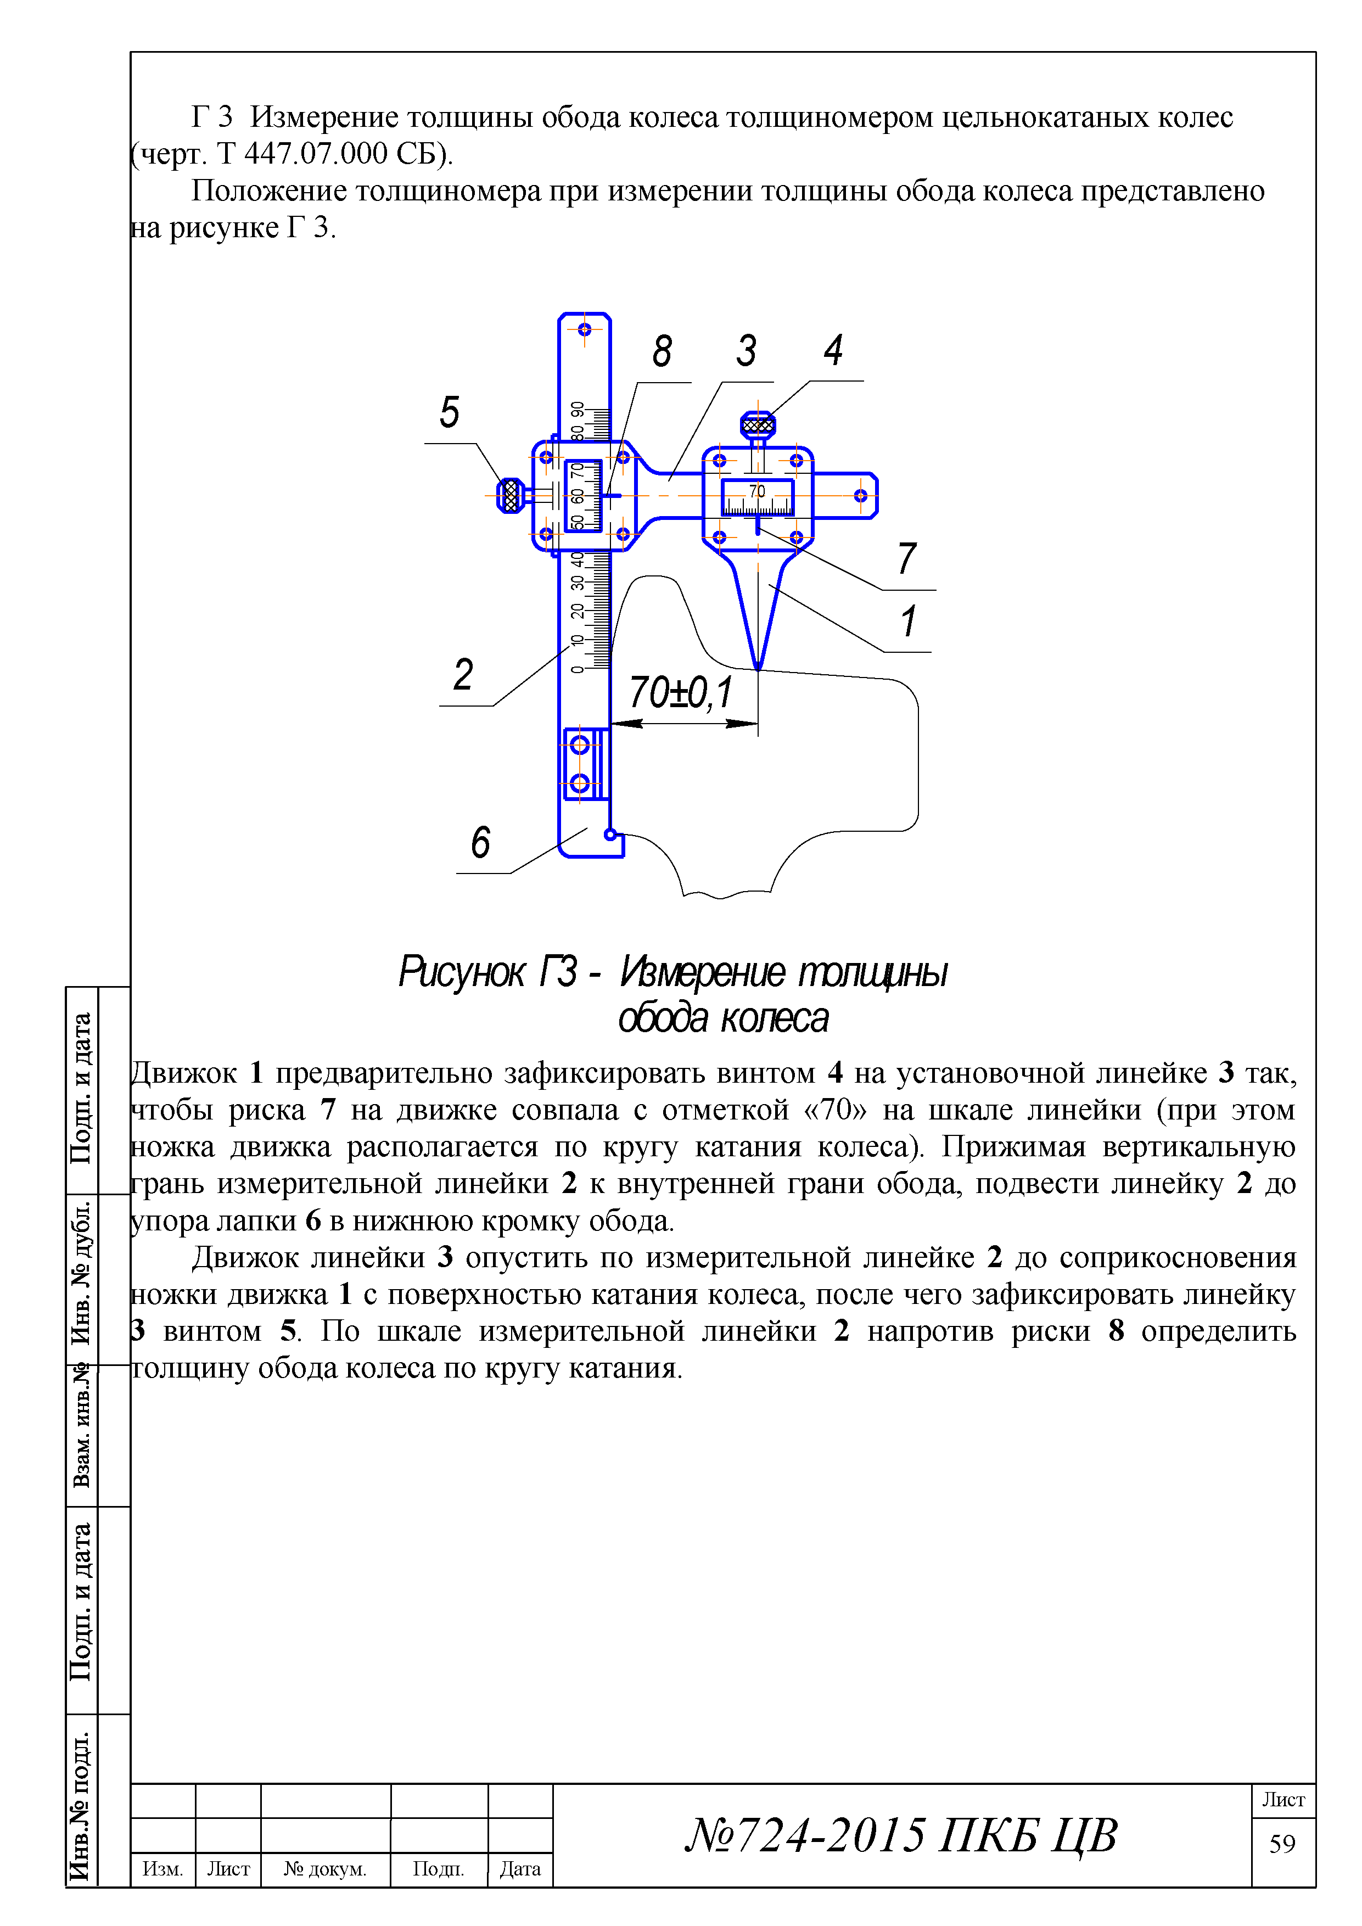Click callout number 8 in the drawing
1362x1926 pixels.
click(x=662, y=351)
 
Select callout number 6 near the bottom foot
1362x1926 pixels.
click(x=480, y=842)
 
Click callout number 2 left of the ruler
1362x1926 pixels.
click(x=463, y=674)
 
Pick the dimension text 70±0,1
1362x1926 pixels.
click(x=680, y=693)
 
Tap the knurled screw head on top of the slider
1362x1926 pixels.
click(x=758, y=425)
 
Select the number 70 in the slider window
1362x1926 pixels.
click(x=758, y=491)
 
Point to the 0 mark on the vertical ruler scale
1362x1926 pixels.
click(x=577, y=669)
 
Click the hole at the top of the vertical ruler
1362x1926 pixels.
click(x=585, y=329)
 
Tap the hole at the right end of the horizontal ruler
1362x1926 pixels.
click(x=860, y=496)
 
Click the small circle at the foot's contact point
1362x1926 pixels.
click(x=610, y=834)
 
